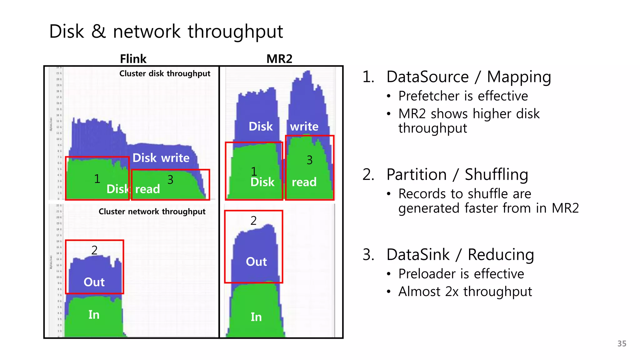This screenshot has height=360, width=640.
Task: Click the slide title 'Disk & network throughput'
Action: coord(166,32)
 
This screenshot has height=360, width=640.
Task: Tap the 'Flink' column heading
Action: coord(133,59)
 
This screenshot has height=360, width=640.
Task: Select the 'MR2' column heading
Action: coord(279,59)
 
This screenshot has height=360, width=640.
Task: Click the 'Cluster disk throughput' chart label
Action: coord(165,73)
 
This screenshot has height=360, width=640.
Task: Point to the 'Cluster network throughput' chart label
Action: coord(152,212)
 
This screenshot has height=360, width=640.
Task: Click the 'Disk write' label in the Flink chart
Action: coord(161,158)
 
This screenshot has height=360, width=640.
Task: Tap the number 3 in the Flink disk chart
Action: coord(170,180)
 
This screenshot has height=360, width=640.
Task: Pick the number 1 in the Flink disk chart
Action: coord(97,179)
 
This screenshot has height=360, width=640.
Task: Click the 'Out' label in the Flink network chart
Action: coord(94,282)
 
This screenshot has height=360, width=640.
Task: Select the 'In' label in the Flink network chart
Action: coord(94,315)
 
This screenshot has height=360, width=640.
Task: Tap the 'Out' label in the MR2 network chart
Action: coord(256,262)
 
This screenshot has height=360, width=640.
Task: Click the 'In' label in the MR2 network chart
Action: coord(256,317)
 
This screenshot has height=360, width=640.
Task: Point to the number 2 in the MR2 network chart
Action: coord(253,221)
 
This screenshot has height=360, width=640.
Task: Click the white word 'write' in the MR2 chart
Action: coord(304,127)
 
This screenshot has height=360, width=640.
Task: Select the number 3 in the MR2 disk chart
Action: coord(309,160)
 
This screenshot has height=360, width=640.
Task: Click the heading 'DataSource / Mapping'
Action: coord(468,77)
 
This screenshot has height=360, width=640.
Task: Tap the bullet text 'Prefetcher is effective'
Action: coord(463,96)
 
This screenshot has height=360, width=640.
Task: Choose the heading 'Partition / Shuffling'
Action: coord(457,174)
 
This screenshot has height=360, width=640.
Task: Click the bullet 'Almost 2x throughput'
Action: coord(465,292)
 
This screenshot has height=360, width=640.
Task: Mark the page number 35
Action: coord(622,344)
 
